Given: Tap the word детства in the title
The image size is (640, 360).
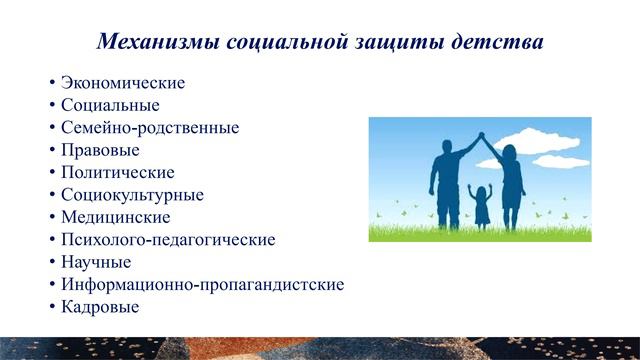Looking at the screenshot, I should click(x=502, y=43).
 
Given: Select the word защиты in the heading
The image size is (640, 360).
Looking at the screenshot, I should click(x=412, y=43).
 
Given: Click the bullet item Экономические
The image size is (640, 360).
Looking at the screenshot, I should click(x=123, y=83).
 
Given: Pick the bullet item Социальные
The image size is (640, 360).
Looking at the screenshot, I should click(x=110, y=105).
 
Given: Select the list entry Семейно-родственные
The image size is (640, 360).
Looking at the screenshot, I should click(x=150, y=128).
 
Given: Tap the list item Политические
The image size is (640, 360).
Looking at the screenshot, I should click(x=117, y=172).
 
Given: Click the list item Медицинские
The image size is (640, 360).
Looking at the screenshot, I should click(x=115, y=217).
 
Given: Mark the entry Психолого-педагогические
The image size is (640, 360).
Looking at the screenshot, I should click(x=167, y=240).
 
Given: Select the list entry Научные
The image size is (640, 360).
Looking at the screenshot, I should click(x=96, y=262).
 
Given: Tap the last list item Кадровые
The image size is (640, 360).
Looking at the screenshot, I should click(x=100, y=307).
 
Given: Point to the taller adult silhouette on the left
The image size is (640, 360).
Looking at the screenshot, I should click(x=446, y=185).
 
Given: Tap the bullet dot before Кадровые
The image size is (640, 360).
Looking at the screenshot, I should click(x=51, y=308).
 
